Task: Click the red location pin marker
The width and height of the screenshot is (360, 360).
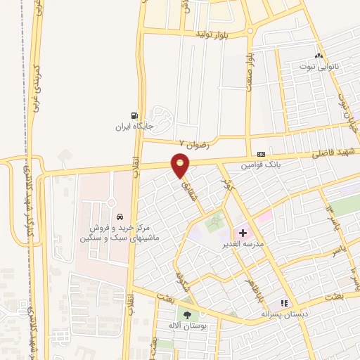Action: coord(181,167)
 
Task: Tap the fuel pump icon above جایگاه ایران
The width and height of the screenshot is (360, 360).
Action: coord(133,116)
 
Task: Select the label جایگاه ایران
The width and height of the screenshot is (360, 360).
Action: coord(135,127)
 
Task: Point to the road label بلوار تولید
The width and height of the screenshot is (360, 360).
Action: coord(213,34)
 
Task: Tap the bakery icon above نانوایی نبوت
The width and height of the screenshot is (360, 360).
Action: coord(319,55)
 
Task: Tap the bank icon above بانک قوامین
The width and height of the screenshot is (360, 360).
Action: coord(262,154)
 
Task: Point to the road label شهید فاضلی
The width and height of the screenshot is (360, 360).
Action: coord(336,150)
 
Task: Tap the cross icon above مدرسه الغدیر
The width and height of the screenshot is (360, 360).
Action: coord(243,232)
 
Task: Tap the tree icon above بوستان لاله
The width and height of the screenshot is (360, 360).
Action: coord(187,314)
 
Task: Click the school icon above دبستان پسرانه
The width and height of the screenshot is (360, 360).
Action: coord(285,303)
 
